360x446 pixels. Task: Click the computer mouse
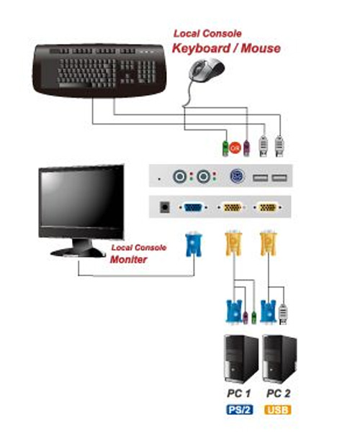click(x=207, y=70)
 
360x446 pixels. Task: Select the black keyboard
click(x=99, y=70)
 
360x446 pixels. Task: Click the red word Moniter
click(x=128, y=260)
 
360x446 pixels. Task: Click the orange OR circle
click(x=235, y=148)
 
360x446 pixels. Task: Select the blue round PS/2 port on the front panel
click(x=237, y=176)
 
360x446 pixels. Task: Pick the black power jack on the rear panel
click(x=165, y=207)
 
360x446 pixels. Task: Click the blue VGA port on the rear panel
click(x=193, y=207)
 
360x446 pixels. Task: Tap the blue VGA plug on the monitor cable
click(x=194, y=245)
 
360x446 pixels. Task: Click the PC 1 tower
click(x=240, y=359)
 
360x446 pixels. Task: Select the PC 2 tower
click(x=279, y=359)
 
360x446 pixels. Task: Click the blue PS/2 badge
click(x=240, y=410)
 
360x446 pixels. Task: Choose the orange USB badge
click(x=278, y=410)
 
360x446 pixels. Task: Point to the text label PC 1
click(x=238, y=393)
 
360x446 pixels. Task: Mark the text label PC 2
click(x=278, y=393)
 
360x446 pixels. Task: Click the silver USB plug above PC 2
click(x=282, y=314)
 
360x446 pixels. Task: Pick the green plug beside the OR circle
click(x=225, y=148)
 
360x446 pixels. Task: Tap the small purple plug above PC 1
click(x=246, y=317)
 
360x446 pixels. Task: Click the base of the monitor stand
click(x=78, y=252)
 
